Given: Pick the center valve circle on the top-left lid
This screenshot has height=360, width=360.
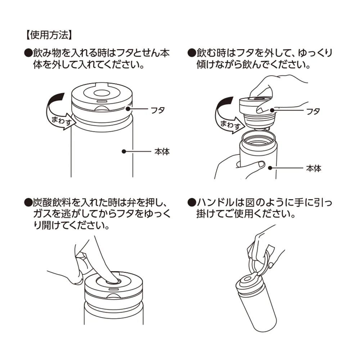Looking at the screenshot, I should (100, 95).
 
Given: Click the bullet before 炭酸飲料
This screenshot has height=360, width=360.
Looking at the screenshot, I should (28, 202).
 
